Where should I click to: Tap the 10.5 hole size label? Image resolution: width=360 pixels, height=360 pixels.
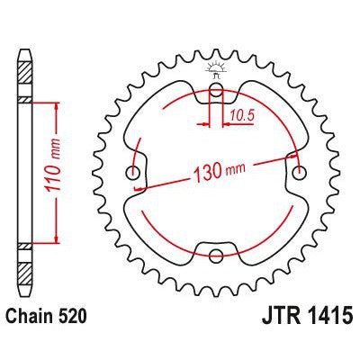[238, 114]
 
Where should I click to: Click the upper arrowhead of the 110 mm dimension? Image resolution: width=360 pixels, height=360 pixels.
[58, 106]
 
